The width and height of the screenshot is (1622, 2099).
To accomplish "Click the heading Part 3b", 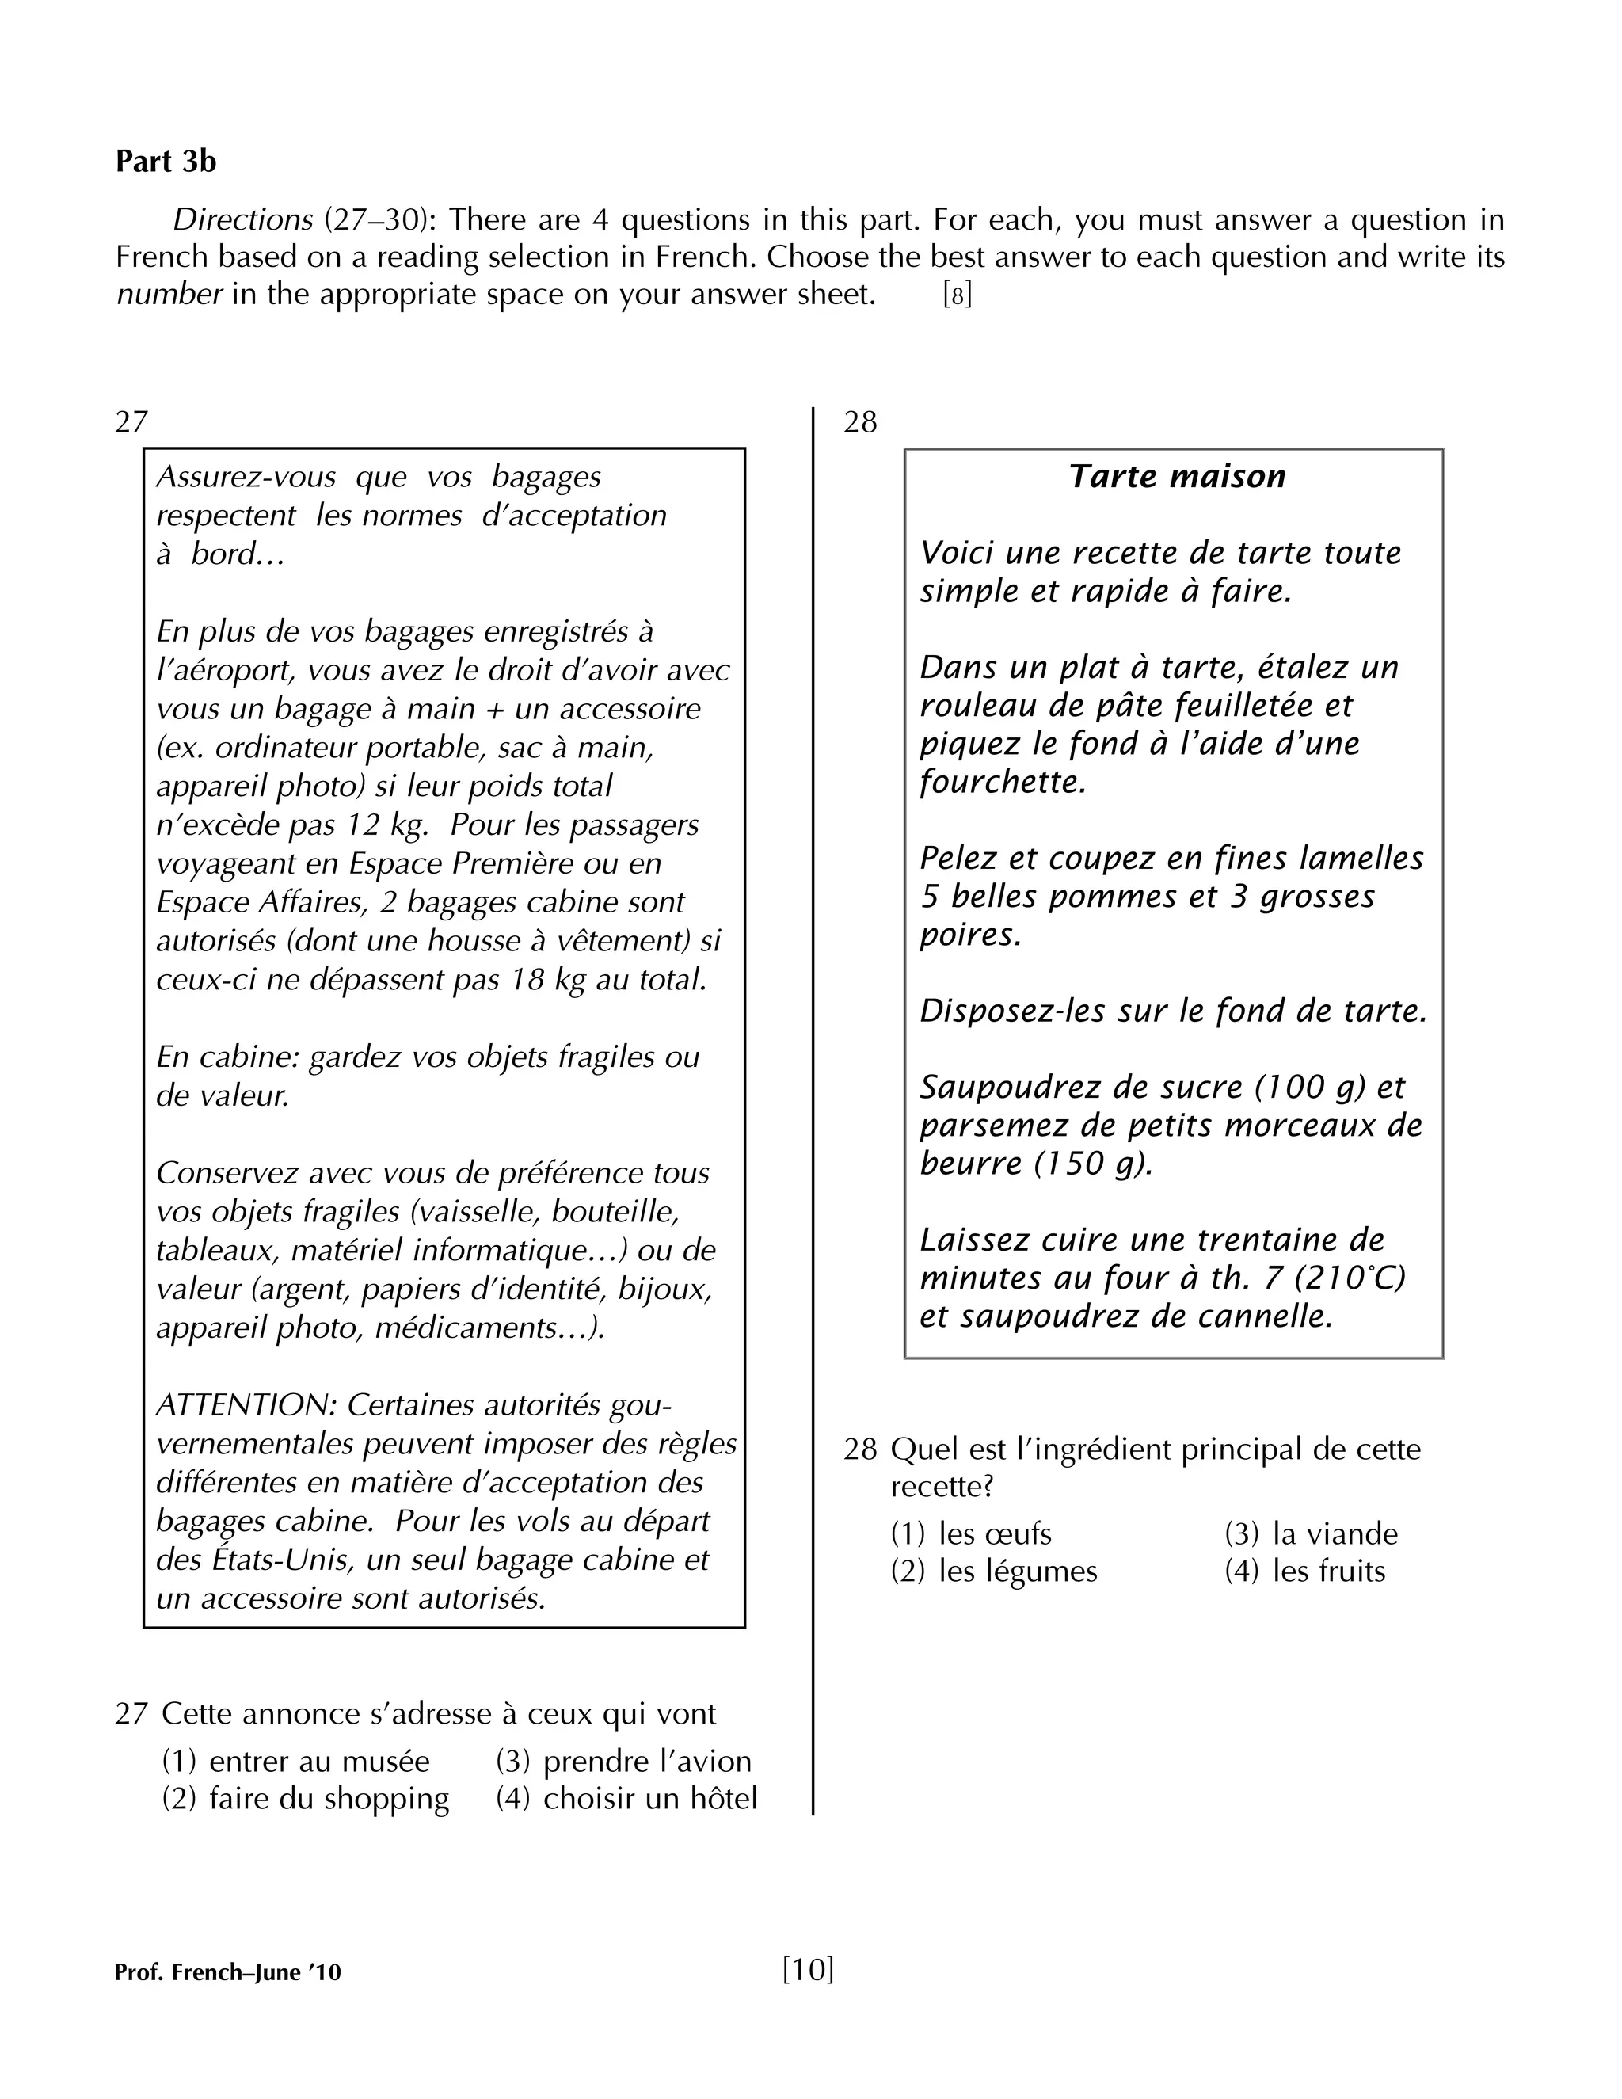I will point(166,162).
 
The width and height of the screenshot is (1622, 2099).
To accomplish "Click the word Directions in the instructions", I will point(242,220).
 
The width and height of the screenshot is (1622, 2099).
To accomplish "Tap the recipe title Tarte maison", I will point(1177,477).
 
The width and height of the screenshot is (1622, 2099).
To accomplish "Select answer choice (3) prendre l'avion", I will point(623,1761).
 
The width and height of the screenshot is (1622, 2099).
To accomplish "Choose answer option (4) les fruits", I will point(1305,1571).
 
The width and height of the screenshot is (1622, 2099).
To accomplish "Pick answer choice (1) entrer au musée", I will point(296,1761).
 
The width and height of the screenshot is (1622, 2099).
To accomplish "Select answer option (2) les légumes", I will point(994,1571).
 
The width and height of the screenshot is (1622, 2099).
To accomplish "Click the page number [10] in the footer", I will point(808,1969).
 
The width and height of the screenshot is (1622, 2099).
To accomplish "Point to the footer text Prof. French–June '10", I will point(228,1972).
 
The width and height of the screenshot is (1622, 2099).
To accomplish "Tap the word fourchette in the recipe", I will point(1002,783).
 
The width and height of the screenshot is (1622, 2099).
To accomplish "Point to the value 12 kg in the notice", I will point(388,825).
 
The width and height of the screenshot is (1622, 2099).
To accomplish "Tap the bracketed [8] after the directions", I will point(957,295).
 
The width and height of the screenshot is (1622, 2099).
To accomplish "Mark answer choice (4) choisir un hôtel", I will point(626,1798).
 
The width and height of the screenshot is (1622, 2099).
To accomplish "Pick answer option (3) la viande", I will point(1311,1534).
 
